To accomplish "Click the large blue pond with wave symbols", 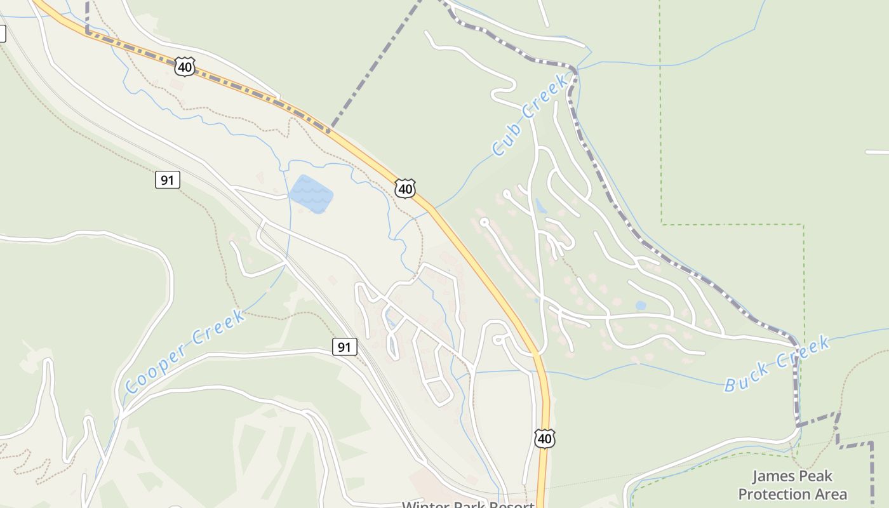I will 311,194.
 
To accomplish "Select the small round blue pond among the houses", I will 640,305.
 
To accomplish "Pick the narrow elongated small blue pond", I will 540,206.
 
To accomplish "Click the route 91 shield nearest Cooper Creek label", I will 344,347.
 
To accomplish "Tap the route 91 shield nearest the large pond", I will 167,180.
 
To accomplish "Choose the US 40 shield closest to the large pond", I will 405,189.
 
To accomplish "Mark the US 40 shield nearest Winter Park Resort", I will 545,439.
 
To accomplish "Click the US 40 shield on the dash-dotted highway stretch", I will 184,66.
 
